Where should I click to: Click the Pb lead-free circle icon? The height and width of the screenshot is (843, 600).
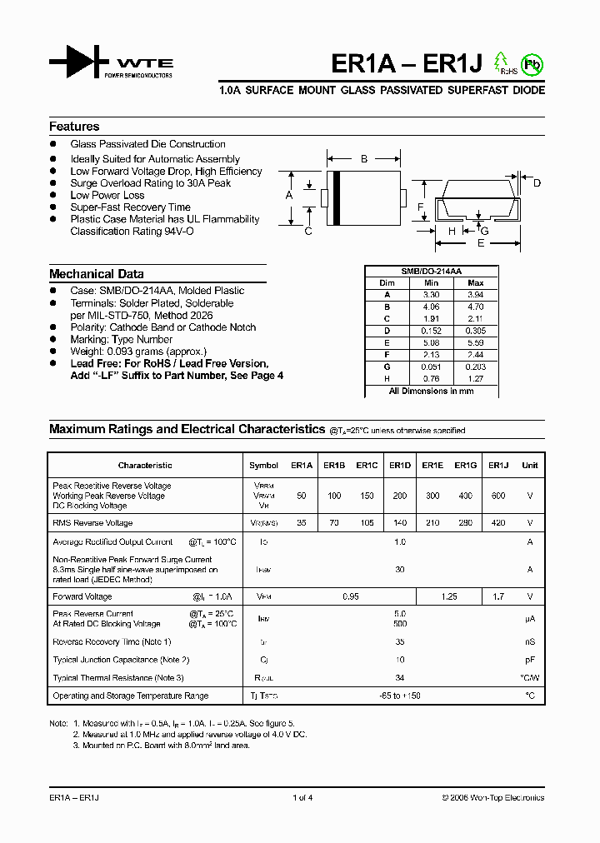(x=530, y=63)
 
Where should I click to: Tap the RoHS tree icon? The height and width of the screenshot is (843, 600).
(x=502, y=62)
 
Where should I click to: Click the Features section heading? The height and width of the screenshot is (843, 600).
(x=74, y=127)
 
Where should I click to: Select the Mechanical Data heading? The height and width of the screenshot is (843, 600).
(x=96, y=274)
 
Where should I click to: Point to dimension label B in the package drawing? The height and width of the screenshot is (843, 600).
(x=363, y=158)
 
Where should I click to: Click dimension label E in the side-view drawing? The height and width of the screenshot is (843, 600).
(x=480, y=243)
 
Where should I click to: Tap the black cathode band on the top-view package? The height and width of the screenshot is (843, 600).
(x=337, y=197)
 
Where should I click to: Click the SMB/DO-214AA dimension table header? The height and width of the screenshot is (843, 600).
(x=432, y=272)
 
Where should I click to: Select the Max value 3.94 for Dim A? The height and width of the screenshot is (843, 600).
(x=476, y=295)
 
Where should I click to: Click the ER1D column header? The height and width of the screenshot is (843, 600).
(x=400, y=466)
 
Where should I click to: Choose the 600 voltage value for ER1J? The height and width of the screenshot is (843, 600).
(x=497, y=496)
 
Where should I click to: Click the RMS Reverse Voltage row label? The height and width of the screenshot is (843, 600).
(x=92, y=523)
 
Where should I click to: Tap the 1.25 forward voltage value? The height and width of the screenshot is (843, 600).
(x=448, y=596)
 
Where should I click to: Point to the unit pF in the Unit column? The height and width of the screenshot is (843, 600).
(x=529, y=660)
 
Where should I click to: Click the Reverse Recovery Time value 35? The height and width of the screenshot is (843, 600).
(x=400, y=641)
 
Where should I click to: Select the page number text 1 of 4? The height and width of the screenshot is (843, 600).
(x=302, y=798)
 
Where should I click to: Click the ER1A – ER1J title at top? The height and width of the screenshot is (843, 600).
(x=402, y=63)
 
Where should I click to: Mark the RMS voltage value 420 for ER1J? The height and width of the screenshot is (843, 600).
(x=497, y=523)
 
